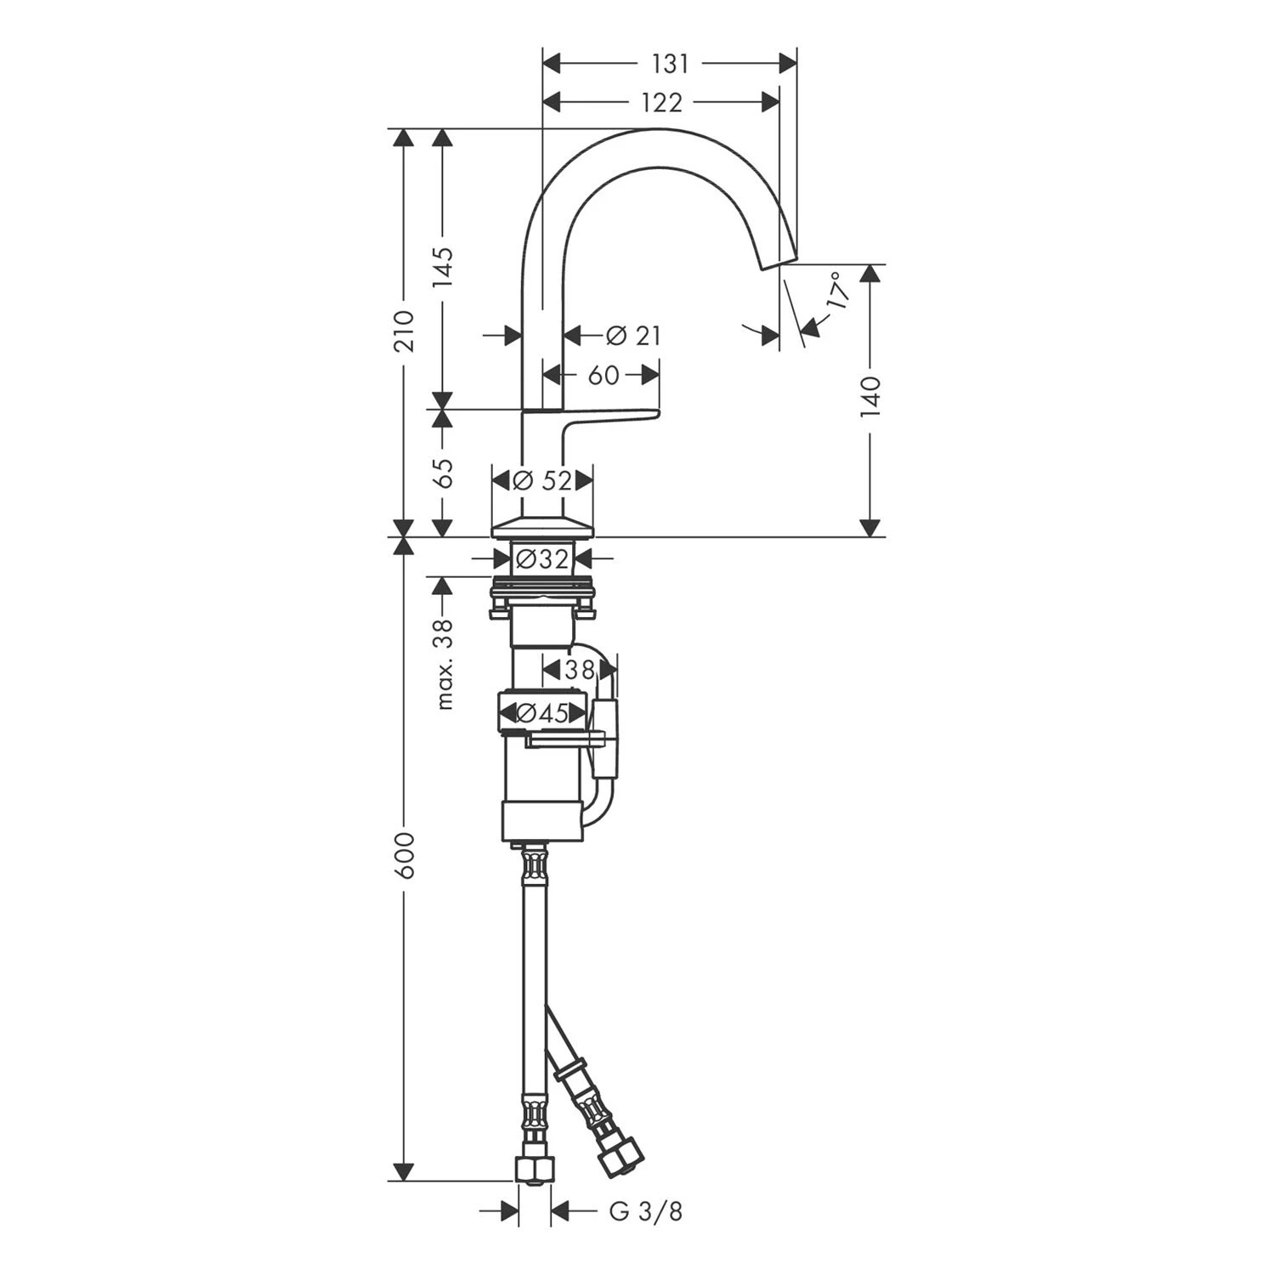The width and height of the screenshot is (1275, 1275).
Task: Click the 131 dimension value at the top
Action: pos(670,64)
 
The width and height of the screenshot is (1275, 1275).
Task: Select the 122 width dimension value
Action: pos(661,103)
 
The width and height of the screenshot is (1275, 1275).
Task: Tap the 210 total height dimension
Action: pos(405,331)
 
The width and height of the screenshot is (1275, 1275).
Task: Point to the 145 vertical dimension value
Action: pos(444,268)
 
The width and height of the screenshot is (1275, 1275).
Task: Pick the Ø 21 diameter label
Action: pos(633,337)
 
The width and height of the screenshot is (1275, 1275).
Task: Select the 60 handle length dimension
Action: pos(603,375)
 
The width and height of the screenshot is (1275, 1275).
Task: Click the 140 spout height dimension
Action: pos(870,396)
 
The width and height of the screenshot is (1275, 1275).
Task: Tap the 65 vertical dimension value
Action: pos(444,473)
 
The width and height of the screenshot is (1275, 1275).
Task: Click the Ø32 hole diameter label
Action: pos(541,559)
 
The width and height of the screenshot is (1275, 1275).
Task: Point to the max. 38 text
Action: pos(444,664)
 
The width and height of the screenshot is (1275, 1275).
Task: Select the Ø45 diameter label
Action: pos(541,714)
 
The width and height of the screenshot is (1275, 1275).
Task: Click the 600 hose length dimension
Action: pos(405,856)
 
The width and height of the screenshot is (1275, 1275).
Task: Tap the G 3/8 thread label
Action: pos(645,1212)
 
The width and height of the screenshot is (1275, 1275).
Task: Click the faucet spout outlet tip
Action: pos(779,260)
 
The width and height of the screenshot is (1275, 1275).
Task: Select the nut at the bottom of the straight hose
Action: pos(534,1170)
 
